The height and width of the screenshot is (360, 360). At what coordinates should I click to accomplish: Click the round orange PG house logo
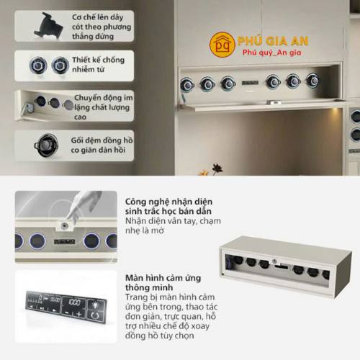coord(222,45)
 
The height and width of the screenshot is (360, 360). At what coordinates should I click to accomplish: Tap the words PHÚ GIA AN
coord(273,41)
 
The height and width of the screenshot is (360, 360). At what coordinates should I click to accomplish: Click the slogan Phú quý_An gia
coord(271,53)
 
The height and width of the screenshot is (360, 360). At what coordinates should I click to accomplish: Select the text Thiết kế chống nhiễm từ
coord(99,64)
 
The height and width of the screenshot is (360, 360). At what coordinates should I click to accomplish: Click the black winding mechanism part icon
coord(49,26)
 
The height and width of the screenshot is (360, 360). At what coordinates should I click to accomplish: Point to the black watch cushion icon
coord(46,145)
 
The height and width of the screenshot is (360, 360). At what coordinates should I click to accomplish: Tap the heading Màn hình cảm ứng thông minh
coord(163,282)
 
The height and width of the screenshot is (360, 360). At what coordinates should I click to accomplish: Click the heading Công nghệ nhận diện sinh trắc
coord(168,207)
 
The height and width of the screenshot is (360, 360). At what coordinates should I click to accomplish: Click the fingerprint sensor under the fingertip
coord(64,225)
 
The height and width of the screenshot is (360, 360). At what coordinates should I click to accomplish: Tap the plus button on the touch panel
coord(78,314)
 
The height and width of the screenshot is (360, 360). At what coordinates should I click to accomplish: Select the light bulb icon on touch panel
coord(96,305)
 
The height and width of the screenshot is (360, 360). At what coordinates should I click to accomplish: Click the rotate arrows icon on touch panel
coord(95,315)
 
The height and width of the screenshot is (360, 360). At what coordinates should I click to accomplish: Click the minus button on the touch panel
coord(67,312)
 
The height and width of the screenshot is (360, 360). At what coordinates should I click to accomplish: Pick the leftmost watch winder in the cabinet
coord(187,85)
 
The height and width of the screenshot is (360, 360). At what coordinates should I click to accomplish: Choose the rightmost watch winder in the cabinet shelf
coord(312,81)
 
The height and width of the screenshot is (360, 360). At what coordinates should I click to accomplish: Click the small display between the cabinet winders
coord(250,83)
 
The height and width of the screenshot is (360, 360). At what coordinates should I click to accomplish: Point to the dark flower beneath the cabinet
coord(217,168)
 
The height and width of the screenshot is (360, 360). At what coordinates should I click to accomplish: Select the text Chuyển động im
coord(104,98)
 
